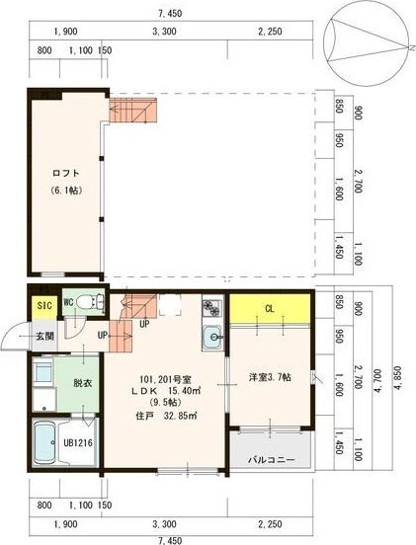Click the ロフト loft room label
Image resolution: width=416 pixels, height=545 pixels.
pos(66,173)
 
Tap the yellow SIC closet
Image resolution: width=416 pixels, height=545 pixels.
pos(44,306)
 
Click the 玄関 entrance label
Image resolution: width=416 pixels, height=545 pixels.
pos(45,336)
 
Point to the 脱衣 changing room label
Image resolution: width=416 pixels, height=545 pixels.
pos(82,383)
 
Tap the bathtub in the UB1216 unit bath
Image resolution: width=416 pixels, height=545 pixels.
pos(44,442)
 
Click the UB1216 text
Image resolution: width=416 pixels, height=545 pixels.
pos(77,442)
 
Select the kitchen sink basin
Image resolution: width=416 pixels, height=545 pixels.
pos(211,337)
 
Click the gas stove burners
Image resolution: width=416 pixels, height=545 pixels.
pos(211,307)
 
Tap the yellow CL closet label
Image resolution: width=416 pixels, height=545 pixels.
pos(270,309)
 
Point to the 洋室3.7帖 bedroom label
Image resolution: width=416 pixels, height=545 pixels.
pos(270,377)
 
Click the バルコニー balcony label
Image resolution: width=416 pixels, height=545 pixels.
pos(272,460)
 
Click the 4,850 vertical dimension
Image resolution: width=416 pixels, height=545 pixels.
pos(399,380)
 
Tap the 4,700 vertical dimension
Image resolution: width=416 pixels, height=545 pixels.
pos(379,383)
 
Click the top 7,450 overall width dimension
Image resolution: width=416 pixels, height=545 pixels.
pos(170,14)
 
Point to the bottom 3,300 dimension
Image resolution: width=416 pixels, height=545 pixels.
pos(164,524)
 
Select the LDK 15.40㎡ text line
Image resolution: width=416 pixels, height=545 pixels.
pos(166,391)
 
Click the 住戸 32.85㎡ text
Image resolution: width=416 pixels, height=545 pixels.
pos(167,416)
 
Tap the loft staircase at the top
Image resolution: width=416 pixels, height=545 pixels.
pos(133,110)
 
